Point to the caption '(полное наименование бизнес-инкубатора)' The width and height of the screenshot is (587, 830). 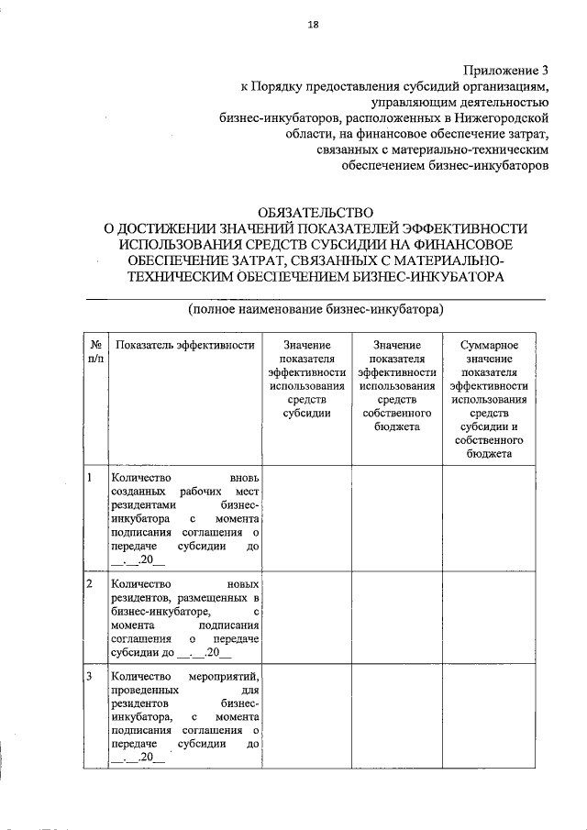tap(316, 309)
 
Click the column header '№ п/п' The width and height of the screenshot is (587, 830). tap(95, 352)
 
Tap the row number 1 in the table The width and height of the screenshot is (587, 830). tap(89, 478)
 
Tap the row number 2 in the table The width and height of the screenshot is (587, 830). tap(89, 584)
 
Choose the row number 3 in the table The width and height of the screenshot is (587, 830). tap(89, 676)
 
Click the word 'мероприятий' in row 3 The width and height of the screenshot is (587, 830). tap(227, 676)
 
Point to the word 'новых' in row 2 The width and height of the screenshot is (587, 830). tap(242, 584)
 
